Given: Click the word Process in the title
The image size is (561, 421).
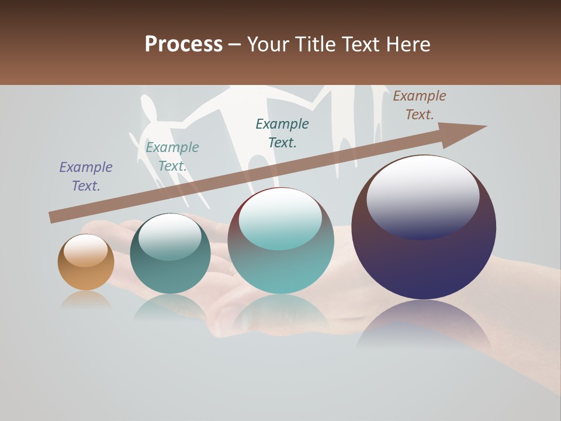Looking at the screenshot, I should pos(183,44).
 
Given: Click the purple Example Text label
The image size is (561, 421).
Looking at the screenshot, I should pos(86,177).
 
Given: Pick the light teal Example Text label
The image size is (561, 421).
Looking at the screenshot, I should pos(172,157).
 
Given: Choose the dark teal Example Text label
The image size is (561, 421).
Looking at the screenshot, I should pos(282,133).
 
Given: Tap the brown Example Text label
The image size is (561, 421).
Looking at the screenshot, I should pos(420,105).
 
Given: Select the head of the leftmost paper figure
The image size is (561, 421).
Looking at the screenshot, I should pos(149,108).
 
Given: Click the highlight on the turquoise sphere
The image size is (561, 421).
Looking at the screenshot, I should pos(280,218).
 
